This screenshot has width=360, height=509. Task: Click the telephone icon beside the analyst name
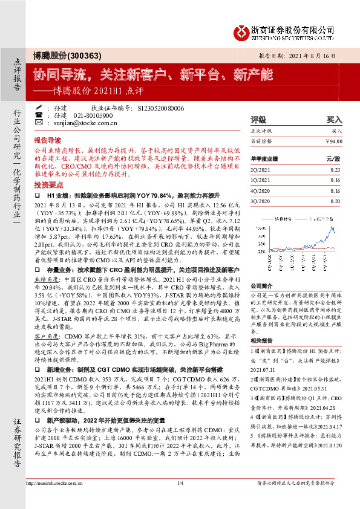[x=39, y=115]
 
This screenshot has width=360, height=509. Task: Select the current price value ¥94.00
[x=334, y=141]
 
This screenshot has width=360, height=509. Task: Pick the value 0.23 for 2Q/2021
[x=335, y=170]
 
